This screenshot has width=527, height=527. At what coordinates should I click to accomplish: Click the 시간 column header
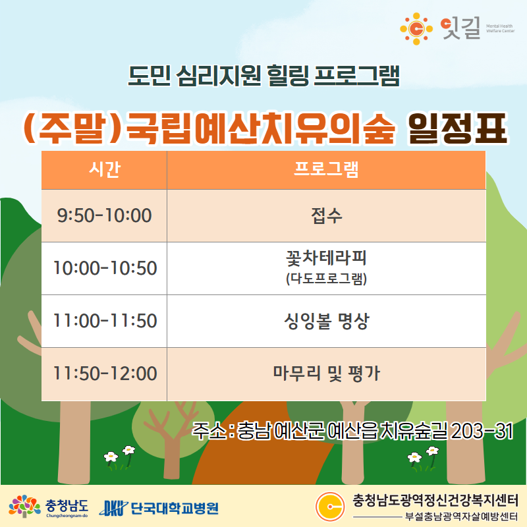coord(104,170)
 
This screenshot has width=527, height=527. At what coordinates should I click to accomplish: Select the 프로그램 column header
coord(326,170)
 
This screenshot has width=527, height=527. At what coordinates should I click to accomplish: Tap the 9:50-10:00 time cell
coord(104,215)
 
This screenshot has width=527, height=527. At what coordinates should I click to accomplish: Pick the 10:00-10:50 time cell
coord(104,268)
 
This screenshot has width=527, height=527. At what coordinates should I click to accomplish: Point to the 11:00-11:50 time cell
coord(104,321)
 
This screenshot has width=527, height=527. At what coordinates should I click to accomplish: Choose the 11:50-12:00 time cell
coord(104,374)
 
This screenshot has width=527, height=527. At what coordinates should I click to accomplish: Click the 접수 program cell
coord(326,215)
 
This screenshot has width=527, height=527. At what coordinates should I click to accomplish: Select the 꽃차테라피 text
coord(326,258)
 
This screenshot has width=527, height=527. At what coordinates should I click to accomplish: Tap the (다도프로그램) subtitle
coord(326,279)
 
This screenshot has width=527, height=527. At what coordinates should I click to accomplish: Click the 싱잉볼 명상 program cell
coord(326,321)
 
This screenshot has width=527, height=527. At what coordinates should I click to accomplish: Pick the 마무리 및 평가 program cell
coord(326,374)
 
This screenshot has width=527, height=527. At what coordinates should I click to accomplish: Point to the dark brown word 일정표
coord(457,128)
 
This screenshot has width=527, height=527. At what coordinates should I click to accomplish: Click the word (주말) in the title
coord(72,128)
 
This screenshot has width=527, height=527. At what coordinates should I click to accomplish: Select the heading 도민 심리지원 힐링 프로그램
coord(264,75)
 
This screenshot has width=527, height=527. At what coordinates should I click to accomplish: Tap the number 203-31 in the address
coord(482,431)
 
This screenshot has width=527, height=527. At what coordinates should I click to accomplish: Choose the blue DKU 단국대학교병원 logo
coord(159,508)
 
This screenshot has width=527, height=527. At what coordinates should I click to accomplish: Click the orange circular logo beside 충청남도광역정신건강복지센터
coord(330,506)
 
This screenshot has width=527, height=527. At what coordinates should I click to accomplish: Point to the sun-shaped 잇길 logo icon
coord(416,29)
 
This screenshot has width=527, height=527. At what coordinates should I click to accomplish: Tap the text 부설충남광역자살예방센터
coord(461,516)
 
